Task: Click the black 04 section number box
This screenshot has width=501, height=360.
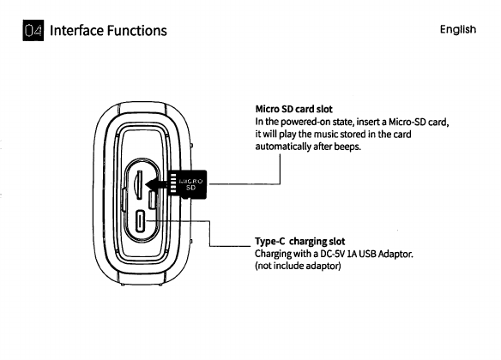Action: pyautogui.click(x=33, y=30)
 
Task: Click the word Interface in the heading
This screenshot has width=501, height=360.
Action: pyautogui.click(x=76, y=31)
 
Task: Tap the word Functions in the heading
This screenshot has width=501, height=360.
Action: pyautogui.click(x=136, y=31)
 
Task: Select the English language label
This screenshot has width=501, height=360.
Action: pyautogui.click(x=458, y=30)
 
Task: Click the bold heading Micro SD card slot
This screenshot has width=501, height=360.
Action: pyautogui.click(x=293, y=109)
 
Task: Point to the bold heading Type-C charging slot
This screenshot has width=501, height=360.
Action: pyautogui.click(x=299, y=241)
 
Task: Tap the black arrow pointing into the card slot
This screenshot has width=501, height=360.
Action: pyautogui.click(x=156, y=184)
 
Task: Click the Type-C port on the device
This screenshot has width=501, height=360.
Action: pyautogui.click(x=141, y=220)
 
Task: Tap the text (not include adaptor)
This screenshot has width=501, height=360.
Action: pyautogui.click(x=298, y=266)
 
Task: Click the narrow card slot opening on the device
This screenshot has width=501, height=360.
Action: pyautogui.click(x=139, y=185)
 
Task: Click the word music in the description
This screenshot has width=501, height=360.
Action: pyautogui.click(x=326, y=134)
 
